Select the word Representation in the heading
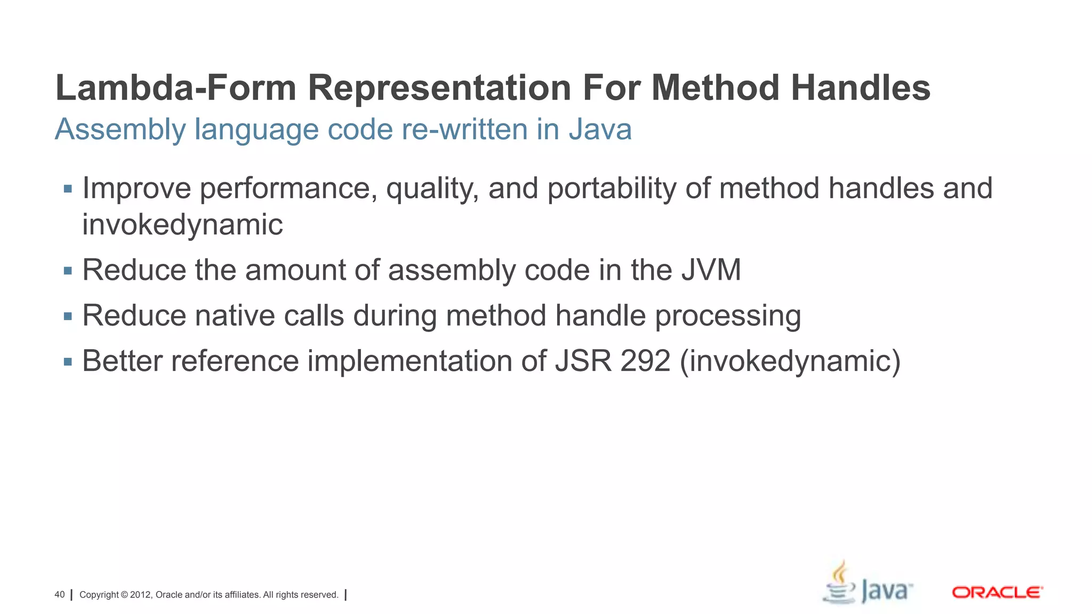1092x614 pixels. (x=439, y=88)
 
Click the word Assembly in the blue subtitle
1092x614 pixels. (x=120, y=130)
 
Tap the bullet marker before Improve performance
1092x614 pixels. (x=68, y=189)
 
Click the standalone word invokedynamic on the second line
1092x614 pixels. (x=182, y=224)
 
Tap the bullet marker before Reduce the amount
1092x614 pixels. (x=68, y=271)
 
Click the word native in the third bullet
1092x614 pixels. (x=235, y=316)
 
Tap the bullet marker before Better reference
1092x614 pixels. (x=68, y=362)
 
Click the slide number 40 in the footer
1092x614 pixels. (x=60, y=595)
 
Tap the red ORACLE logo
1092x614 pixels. (x=997, y=593)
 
